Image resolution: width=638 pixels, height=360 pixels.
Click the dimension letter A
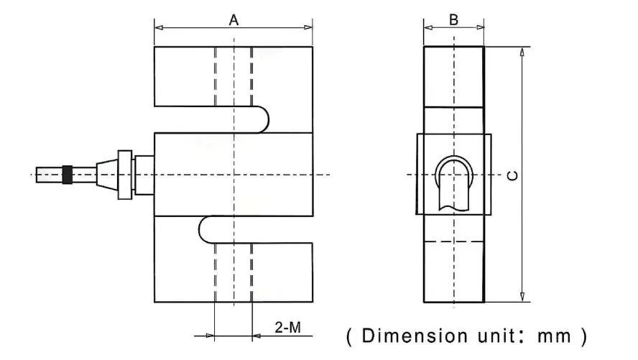coord(234,20)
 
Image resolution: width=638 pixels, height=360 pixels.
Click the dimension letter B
coord(453,19)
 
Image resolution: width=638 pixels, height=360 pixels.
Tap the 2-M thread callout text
coord(287,328)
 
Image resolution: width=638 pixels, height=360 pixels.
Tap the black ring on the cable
coord(68,175)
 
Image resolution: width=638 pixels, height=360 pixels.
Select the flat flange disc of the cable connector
coord(125,175)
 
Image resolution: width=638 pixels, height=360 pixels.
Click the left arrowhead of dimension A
coord(159,28)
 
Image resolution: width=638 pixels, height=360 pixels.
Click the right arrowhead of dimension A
coord(308,28)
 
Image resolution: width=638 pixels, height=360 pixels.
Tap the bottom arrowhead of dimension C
coord(522,297)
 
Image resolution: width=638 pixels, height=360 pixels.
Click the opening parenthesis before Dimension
coord(349,336)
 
